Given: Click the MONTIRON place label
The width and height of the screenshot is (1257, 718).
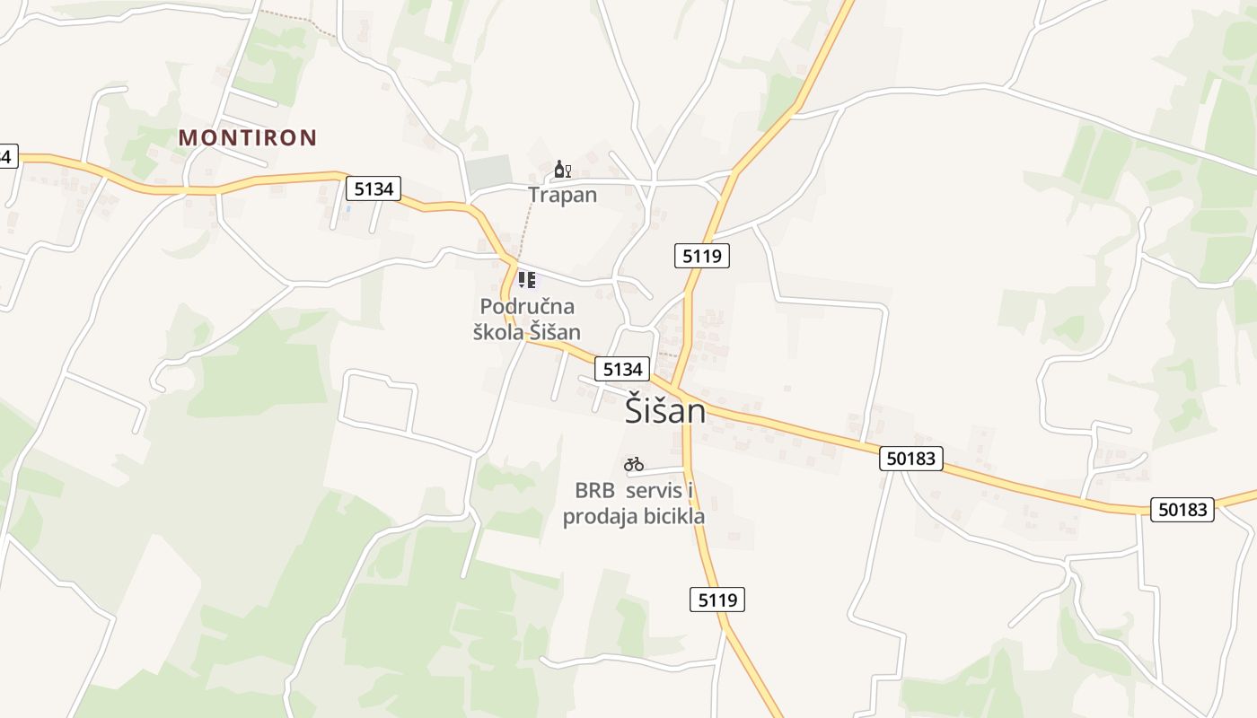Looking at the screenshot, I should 248,138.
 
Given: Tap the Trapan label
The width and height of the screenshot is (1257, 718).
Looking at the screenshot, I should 562,195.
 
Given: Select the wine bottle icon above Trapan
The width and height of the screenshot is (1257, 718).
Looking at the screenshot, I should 562,169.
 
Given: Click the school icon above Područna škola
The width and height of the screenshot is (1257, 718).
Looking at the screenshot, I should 527,280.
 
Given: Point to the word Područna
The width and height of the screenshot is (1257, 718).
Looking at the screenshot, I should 527,307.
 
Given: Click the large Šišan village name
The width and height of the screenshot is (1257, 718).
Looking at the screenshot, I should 664,412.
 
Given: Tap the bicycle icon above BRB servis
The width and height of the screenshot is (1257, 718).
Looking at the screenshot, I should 634,464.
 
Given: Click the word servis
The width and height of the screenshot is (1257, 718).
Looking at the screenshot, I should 660,491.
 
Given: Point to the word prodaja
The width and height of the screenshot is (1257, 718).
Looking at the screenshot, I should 593,518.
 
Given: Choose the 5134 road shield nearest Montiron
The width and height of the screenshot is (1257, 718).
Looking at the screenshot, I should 374,188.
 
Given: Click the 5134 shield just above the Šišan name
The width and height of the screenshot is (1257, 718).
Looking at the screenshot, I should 622,369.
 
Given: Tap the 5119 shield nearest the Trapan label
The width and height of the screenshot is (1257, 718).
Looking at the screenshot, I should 702,256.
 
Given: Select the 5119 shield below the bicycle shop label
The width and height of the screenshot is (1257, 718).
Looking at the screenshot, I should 717,600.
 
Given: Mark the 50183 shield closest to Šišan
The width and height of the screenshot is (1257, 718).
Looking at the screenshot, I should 911,459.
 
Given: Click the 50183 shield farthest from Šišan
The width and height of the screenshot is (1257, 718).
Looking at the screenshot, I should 1182,510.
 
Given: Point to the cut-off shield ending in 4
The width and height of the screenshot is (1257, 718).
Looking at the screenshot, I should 7,156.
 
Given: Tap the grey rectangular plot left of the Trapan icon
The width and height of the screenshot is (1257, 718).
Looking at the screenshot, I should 488,172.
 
